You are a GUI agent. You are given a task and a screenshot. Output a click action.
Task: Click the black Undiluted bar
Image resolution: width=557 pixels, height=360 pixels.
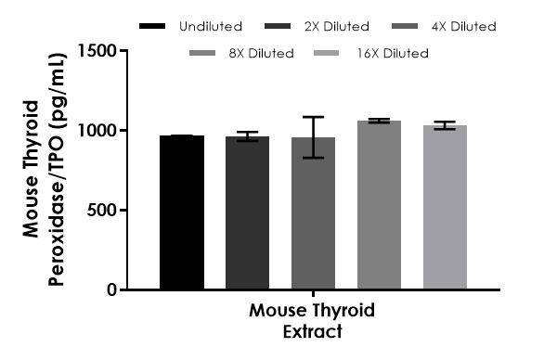(182, 212)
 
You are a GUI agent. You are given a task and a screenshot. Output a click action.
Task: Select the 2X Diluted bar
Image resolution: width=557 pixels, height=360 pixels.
(247, 213)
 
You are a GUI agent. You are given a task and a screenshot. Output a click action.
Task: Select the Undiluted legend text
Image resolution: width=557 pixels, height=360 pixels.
(212, 27)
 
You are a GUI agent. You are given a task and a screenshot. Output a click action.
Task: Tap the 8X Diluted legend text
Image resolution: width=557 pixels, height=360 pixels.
(262, 54)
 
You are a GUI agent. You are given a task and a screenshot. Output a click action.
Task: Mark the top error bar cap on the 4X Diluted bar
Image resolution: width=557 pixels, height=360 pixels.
(313, 118)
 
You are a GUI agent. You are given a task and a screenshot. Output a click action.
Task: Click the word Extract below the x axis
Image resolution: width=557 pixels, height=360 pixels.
(312, 330)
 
